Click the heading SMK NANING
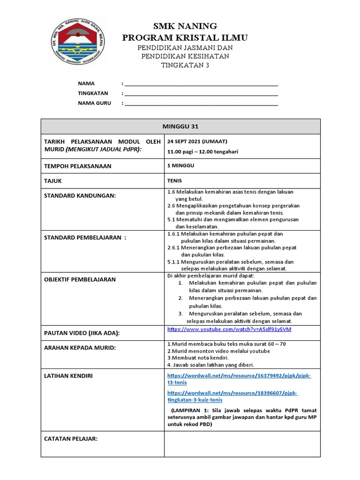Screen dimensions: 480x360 click(x=185, y=26)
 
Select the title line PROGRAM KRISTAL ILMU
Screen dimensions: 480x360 click(x=185, y=37)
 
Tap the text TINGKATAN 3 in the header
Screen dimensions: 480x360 click(x=185, y=65)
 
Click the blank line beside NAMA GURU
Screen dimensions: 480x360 click(x=201, y=104)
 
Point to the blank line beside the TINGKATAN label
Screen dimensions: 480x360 click(x=201, y=94)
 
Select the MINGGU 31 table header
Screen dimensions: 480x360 click(x=180, y=126)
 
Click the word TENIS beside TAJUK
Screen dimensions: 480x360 click(x=174, y=180)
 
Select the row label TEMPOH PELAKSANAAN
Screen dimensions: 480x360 click(x=77, y=166)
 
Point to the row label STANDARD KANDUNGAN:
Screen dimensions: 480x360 click(x=80, y=195)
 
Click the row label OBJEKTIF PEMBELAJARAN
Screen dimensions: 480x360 click(x=80, y=279)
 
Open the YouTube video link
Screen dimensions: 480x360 click(x=229, y=330)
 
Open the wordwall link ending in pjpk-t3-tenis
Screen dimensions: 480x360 click(x=239, y=379)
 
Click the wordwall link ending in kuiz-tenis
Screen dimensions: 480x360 click(x=232, y=396)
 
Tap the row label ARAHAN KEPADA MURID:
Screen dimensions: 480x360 click(x=80, y=347)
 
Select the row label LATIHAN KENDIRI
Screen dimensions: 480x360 click(x=68, y=376)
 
